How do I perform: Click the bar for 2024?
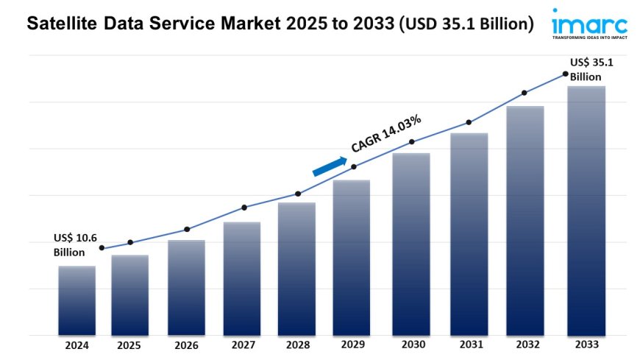click(x=77, y=300)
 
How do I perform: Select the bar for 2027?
click(x=242, y=278)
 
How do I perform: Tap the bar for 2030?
click(x=411, y=244)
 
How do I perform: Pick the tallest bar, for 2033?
click(x=586, y=211)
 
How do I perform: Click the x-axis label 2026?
click(x=185, y=345)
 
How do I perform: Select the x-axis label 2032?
click(x=525, y=345)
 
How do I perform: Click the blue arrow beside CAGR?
click(x=329, y=166)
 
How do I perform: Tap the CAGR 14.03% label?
click(x=385, y=133)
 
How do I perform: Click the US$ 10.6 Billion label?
click(x=74, y=244)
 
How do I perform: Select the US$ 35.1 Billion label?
click(x=591, y=69)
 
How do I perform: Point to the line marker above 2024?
click(x=102, y=248)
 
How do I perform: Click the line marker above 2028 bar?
click(x=298, y=194)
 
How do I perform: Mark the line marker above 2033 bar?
click(x=565, y=74)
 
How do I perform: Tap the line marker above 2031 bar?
click(x=468, y=122)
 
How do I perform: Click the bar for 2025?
click(x=130, y=294)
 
